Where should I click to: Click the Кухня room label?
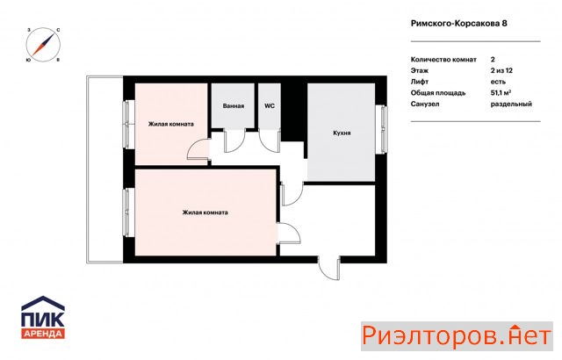coord(342,133)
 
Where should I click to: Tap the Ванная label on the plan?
coord(234,106)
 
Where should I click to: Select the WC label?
coord(270,106)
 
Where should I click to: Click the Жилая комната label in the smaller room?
coord(171,124)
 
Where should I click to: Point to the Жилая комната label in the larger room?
coord(205,212)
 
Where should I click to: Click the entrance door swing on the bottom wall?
coord(328,268)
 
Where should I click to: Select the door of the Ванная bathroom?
coord(234,140)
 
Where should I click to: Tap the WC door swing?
coord(270,140)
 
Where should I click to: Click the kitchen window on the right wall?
coord(384,129)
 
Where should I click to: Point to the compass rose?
coord(43,45)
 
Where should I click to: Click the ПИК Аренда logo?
coord(43,317)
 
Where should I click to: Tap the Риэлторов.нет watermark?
coord(457,336)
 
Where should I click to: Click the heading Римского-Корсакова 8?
coord(458,24)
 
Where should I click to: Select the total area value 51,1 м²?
coord(501,93)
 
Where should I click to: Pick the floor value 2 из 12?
coord(501,70)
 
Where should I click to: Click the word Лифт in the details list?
coord(420,82)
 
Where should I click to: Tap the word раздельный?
coord(511,104)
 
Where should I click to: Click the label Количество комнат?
coord(443,60)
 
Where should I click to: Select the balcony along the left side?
coord(104,169)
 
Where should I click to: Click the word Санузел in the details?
coord(425,104)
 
